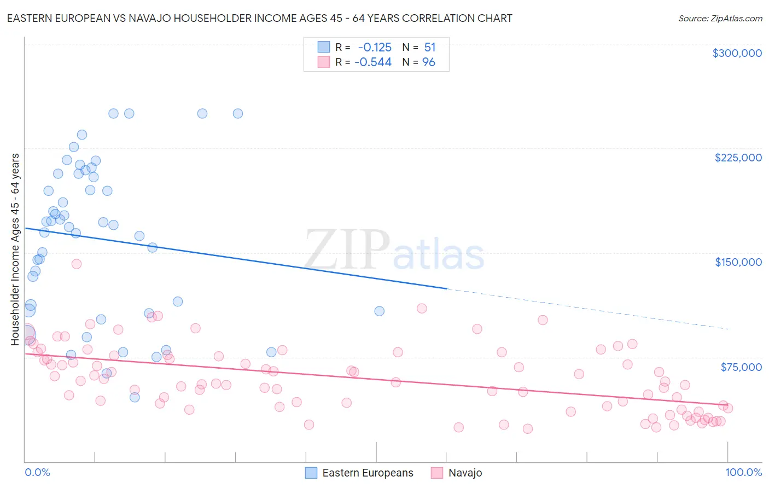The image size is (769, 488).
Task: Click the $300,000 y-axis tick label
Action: coord(737,53)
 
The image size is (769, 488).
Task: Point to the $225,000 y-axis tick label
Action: coord(738,158)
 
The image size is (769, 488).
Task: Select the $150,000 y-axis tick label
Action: coord(738,262)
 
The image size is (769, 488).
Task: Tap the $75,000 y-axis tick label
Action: coord(741,367)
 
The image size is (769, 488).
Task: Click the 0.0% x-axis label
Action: coord(37,472)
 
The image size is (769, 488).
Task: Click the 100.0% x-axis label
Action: coord(743,472)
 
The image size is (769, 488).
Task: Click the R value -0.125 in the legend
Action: coord(374,47)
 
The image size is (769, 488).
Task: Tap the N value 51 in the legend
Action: coord(430,47)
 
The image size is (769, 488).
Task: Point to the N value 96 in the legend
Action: coord(429,62)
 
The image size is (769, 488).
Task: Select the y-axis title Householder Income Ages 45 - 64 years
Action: coord(15,249)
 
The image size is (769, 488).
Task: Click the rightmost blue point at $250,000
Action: coord(238,114)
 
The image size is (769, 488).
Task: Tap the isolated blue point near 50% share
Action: coord(379,311)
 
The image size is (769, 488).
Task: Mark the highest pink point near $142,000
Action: coord(77,264)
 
